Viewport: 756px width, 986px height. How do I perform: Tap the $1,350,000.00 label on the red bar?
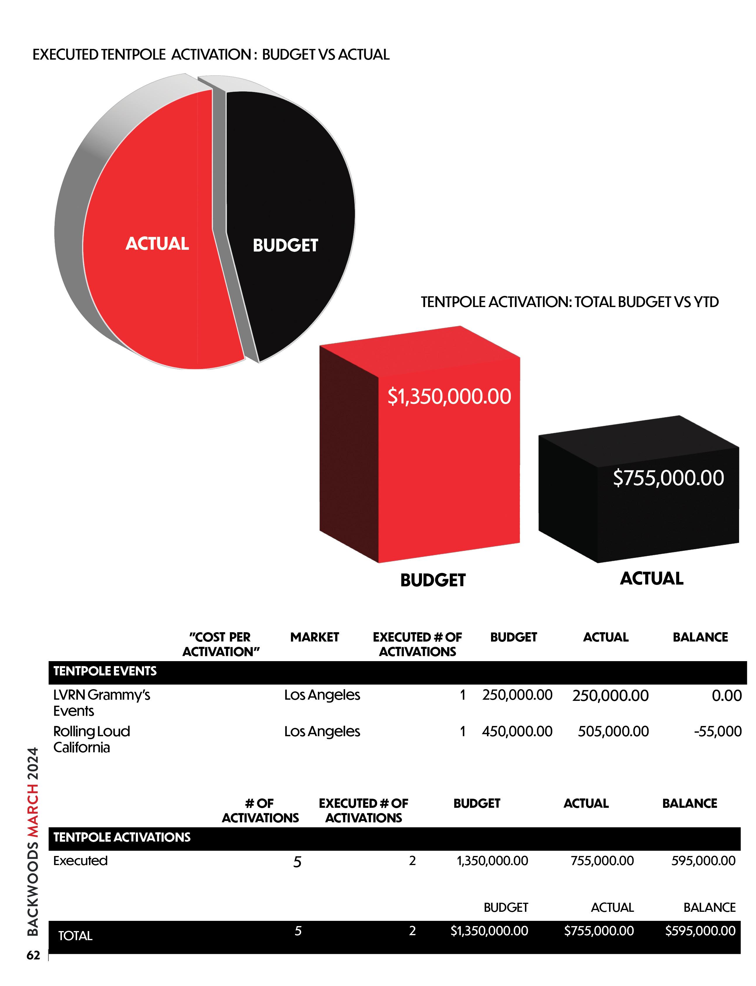click(x=449, y=396)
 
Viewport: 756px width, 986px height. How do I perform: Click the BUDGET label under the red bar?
click(x=433, y=580)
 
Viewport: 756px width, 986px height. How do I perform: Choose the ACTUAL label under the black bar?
click(x=652, y=578)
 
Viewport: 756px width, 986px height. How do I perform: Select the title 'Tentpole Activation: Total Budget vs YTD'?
click(x=570, y=302)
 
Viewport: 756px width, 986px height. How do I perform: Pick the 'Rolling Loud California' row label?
click(x=92, y=739)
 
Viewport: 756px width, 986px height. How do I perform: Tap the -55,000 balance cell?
click(x=718, y=731)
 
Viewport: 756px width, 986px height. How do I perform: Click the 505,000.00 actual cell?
click(x=613, y=731)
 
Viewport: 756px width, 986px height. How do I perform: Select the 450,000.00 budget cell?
click(x=517, y=731)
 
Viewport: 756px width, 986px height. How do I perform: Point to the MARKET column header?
click(x=315, y=637)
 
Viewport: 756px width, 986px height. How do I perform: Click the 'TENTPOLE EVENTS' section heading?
click(x=105, y=671)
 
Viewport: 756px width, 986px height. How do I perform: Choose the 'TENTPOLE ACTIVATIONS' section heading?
click(x=122, y=837)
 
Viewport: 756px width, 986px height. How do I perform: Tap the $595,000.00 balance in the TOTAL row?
click(x=700, y=931)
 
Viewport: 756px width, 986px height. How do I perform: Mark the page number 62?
click(x=33, y=955)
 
